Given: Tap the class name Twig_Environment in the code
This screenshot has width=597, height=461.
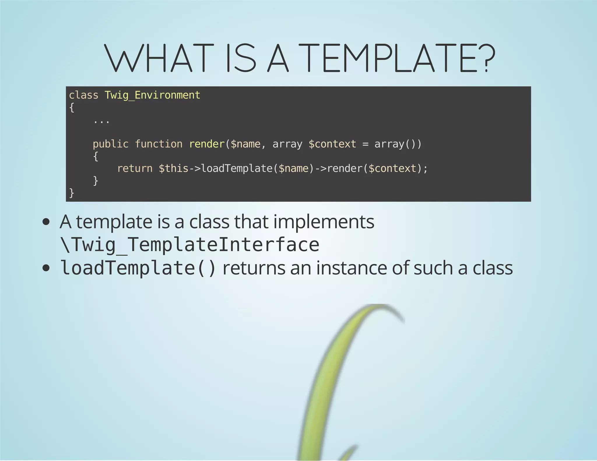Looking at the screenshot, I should [x=152, y=95].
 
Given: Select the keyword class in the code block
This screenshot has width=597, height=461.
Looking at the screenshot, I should [x=84, y=95].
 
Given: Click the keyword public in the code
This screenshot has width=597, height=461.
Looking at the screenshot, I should [x=110, y=144].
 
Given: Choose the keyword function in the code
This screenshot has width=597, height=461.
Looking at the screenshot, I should [x=159, y=144].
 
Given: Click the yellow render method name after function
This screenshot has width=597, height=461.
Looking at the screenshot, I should [x=207, y=144].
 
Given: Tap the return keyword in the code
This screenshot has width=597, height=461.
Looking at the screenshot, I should [x=135, y=169].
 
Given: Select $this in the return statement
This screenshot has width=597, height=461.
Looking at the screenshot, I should [x=173, y=169].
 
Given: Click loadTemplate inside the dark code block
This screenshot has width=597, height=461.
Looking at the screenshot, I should [x=237, y=169].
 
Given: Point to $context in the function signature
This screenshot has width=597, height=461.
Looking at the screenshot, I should [x=332, y=144].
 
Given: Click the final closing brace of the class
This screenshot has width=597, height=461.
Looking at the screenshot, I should [x=71, y=193].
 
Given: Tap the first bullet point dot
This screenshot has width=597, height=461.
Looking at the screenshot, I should [x=46, y=222].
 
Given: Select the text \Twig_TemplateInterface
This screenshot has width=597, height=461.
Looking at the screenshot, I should [x=189, y=245].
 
